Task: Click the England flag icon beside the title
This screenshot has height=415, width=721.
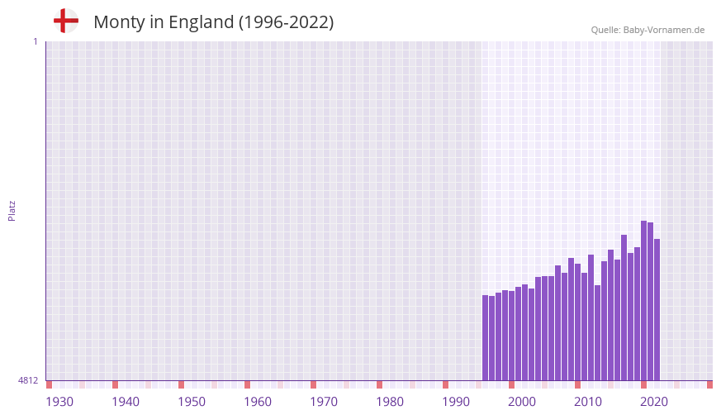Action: (66, 21)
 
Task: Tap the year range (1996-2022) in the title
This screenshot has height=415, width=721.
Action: (286, 22)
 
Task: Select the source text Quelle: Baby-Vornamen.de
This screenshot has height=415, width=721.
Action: (647, 30)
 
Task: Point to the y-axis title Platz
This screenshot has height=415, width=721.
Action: (12, 210)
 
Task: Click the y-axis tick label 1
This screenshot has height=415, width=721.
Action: (35, 41)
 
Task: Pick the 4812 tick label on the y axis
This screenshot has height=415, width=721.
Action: (28, 380)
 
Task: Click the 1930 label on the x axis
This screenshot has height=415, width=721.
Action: (59, 402)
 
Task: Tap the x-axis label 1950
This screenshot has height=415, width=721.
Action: (192, 402)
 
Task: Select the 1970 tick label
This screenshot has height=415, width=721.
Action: (324, 402)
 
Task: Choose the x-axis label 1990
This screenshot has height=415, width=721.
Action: (456, 402)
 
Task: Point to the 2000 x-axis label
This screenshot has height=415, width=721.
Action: (522, 402)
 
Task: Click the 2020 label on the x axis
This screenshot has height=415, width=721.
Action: (654, 402)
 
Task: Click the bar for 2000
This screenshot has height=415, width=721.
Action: (512, 335)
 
